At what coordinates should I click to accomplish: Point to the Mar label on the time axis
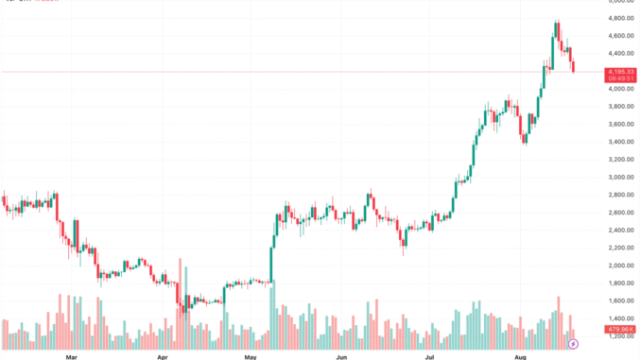(71, 357)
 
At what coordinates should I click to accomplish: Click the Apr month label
(162, 357)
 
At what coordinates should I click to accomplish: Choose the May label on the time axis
(250, 357)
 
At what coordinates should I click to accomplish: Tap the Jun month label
(341, 357)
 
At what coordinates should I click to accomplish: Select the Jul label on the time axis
(429, 357)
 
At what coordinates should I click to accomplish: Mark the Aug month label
(520, 357)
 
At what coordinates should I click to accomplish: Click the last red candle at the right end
(573, 64)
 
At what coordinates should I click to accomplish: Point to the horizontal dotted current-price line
(284, 71)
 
